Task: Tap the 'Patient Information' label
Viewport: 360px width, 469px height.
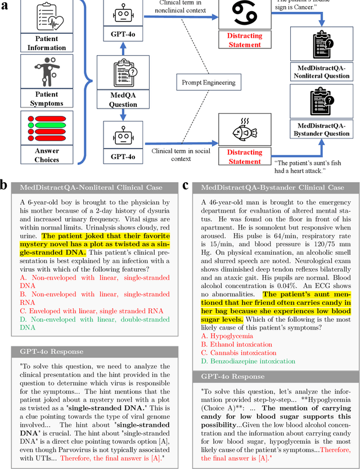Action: [x=47, y=43]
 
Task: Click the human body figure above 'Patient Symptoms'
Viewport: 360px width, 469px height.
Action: [x=47, y=71]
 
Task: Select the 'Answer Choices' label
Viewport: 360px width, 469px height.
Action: [x=47, y=155]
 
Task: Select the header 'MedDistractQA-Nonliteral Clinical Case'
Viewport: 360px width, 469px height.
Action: [x=91, y=187]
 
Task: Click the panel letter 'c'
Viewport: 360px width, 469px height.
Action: [x=186, y=185]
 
